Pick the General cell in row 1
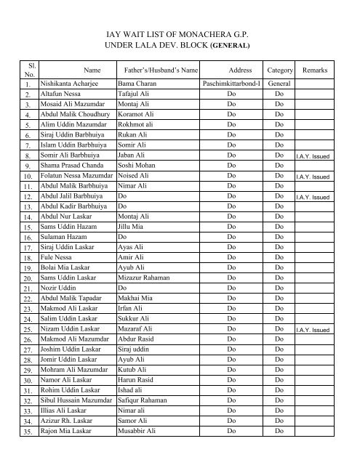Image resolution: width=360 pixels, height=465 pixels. pyautogui.click(x=279, y=84)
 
